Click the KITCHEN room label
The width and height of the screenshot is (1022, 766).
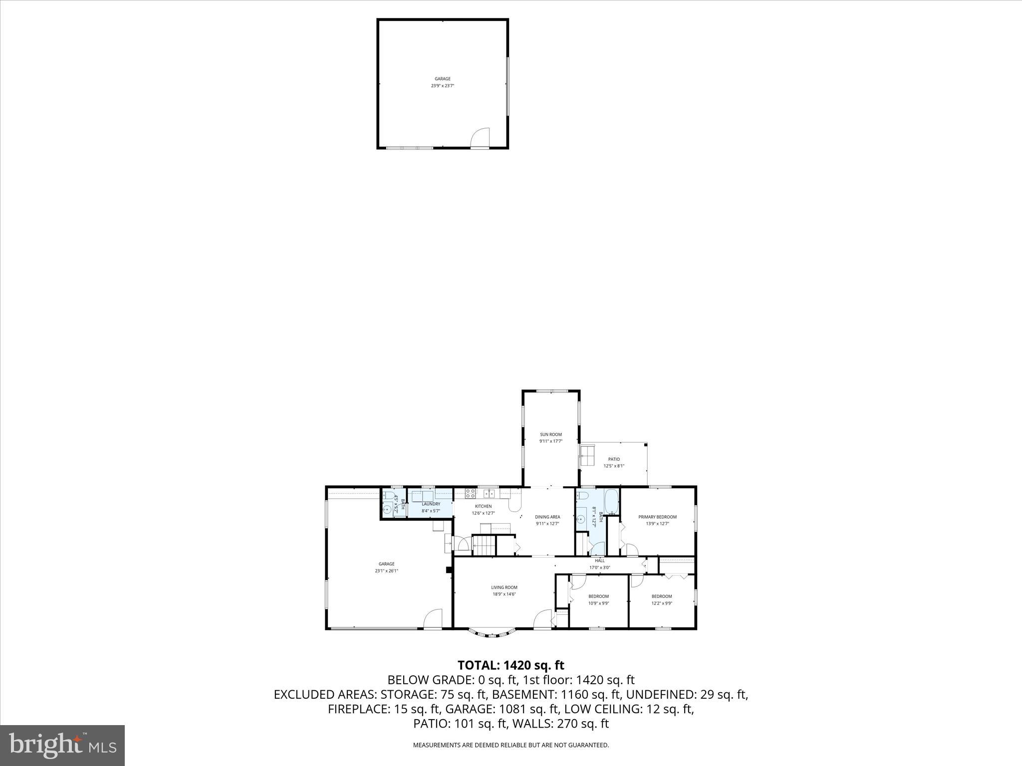[x=483, y=506]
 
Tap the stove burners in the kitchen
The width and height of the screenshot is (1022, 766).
[x=470, y=493]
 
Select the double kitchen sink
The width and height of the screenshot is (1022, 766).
[x=490, y=494]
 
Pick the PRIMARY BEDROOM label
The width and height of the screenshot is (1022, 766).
[x=657, y=517]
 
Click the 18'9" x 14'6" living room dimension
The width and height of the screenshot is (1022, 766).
[x=504, y=594]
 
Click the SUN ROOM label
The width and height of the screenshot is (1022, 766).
[x=551, y=434]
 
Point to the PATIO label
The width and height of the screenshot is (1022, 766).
[x=614, y=459]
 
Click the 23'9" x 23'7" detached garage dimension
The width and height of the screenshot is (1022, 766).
[x=443, y=86]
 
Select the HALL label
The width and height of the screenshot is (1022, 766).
[x=599, y=561]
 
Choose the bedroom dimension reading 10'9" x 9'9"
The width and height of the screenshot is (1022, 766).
[x=598, y=603]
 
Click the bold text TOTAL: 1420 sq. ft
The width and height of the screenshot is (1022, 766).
[x=511, y=665]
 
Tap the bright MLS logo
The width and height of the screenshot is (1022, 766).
[x=62, y=746]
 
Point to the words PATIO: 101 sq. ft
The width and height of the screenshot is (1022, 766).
[x=458, y=724]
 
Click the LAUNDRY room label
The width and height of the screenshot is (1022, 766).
[x=431, y=504]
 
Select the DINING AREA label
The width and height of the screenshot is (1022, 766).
[x=547, y=517]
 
